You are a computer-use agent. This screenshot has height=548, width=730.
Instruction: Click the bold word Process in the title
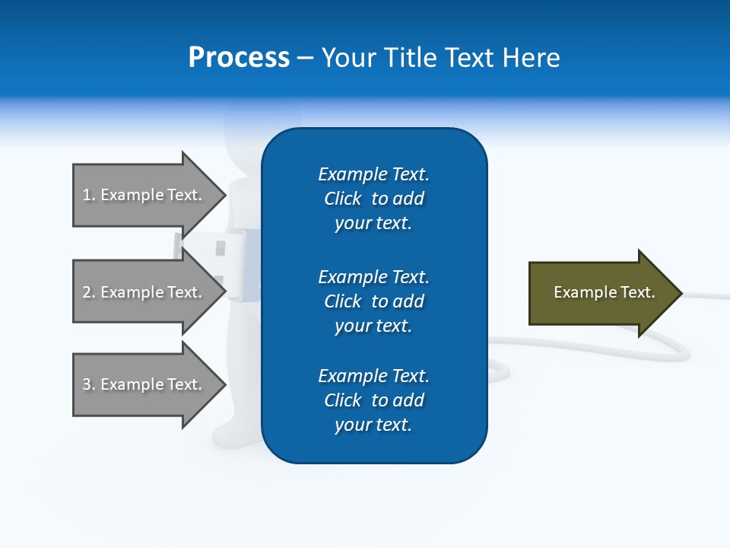pos(239,58)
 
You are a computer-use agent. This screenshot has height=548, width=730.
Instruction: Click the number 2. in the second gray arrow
pos(88,292)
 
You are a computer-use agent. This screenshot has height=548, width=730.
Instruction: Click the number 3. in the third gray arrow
pos(88,384)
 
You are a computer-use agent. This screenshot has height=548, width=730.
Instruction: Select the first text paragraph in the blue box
pos(373,199)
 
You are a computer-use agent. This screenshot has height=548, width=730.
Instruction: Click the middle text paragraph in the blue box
pos(373,301)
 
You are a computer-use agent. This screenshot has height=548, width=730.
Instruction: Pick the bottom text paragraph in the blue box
pos(373,400)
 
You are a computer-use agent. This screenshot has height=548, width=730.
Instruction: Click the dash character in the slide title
pos(305,58)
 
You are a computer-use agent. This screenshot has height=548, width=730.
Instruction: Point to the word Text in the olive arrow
pos(639,292)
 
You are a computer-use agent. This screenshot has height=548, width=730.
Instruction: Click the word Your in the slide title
pos(350,58)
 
